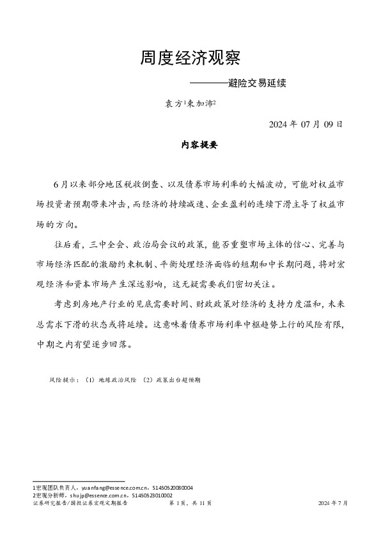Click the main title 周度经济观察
pos(190,59)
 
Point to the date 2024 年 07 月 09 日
pos(306,124)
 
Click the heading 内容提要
pos(190,145)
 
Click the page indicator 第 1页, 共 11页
pos(190,504)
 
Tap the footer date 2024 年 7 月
pos(333,504)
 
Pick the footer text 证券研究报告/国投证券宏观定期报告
pos(80,504)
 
